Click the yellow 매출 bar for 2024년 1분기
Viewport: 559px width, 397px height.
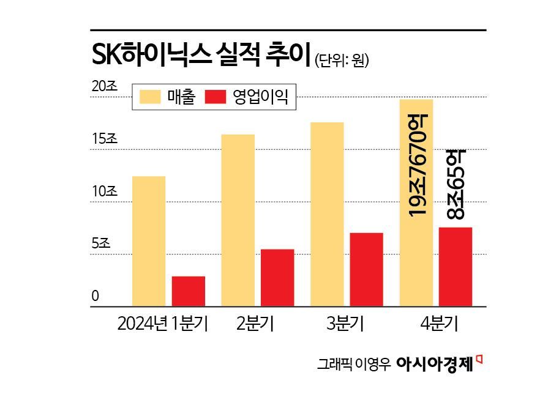[x=149, y=241]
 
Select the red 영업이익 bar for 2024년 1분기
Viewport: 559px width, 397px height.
[x=189, y=291]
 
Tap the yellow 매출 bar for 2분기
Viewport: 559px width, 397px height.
[x=238, y=220]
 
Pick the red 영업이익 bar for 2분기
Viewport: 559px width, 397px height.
[x=277, y=277]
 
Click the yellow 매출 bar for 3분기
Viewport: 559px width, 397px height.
[x=327, y=214]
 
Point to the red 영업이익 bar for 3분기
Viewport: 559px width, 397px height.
[x=366, y=269]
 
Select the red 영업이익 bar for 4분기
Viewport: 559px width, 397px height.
[x=456, y=267]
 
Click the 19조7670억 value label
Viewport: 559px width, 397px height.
[x=417, y=165]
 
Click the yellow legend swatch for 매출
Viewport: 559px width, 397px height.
[x=150, y=97]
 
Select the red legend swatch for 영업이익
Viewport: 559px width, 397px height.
[x=216, y=97]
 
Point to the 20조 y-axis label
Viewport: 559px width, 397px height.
[x=104, y=87]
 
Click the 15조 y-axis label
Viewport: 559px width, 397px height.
[x=104, y=139]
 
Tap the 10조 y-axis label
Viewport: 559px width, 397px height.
[x=104, y=191]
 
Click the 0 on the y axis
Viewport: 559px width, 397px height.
[x=96, y=297]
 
